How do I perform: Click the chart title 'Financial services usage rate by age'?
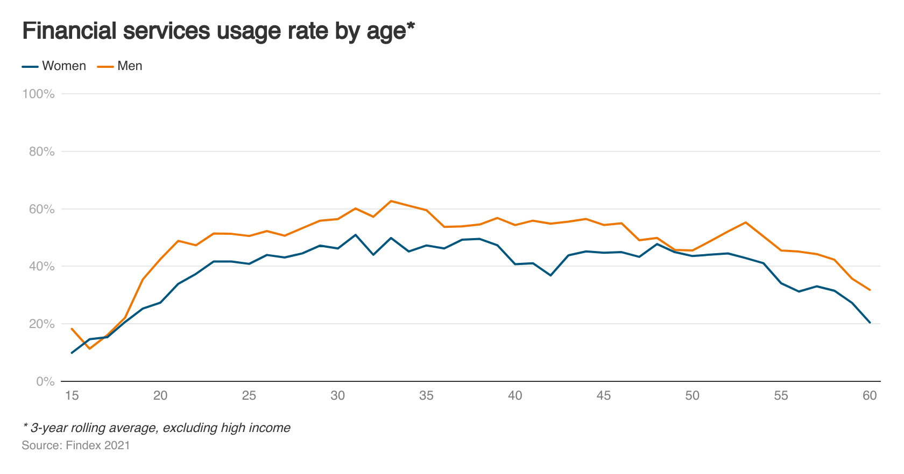click(218, 31)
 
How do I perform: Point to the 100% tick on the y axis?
click(38, 94)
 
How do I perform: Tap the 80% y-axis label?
click(41, 152)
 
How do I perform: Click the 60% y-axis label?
click(41, 209)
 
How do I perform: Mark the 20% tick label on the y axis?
click(41, 324)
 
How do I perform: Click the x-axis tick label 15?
click(72, 396)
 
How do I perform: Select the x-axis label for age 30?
click(337, 396)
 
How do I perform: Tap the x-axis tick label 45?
click(603, 396)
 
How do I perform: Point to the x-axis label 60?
click(870, 396)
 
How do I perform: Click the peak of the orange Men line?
click(391, 201)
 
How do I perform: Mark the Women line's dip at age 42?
click(550, 275)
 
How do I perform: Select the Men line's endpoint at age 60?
click(870, 290)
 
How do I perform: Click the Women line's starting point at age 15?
click(72, 353)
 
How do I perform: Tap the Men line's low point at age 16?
click(89, 348)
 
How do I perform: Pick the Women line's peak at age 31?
click(355, 235)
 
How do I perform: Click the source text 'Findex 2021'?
click(97, 445)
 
